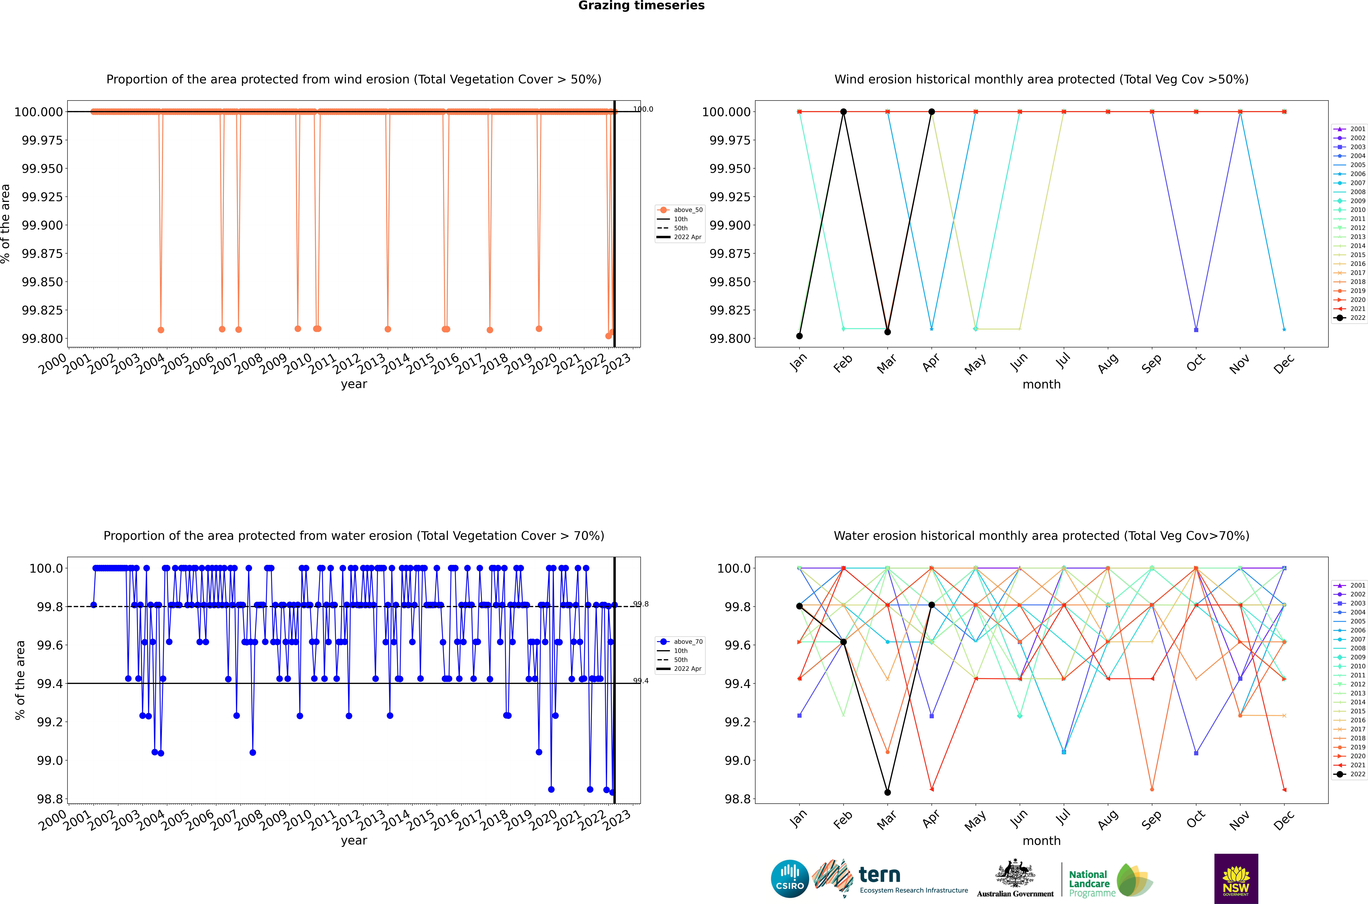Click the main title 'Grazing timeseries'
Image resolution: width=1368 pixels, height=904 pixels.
coord(641,6)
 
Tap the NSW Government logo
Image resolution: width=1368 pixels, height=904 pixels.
coord(1236,879)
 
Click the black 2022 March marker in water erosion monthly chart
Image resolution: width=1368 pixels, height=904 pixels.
coord(887,792)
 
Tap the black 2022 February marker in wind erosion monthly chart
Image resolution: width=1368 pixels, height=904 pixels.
coord(843,112)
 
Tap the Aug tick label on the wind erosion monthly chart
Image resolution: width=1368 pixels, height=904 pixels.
coord(1107,363)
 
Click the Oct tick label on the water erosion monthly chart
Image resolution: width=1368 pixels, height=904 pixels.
coord(1196,819)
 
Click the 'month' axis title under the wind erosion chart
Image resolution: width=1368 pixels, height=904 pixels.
coord(1041,385)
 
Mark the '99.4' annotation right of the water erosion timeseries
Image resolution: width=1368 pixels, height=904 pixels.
coord(640,681)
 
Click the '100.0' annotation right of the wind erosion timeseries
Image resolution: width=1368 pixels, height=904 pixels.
coord(643,109)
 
